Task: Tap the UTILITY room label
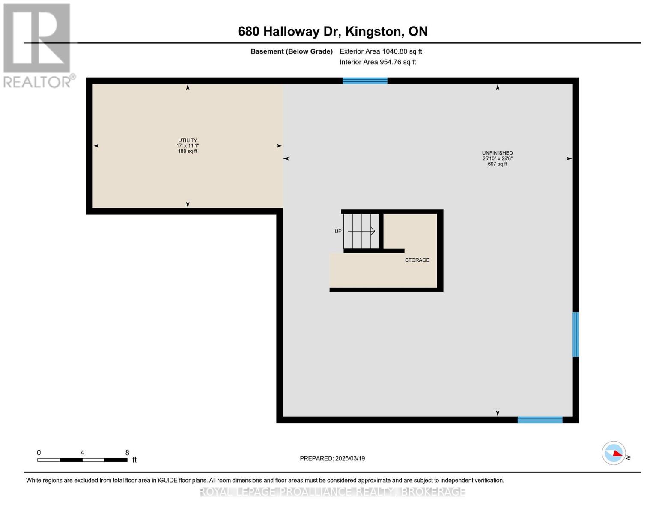(x=188, y=140)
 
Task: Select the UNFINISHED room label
(x=497, y=153)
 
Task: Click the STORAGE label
(x=417, y=260)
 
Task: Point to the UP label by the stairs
(x=338, y=231)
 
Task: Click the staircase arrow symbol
(x=362, y=231)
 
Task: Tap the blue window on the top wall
(x=365, y=81)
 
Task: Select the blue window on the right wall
(x=576, y=335)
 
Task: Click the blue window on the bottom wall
(x=540, y=420)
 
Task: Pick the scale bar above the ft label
(x=82, y=460)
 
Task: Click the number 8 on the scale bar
(x=127, y=453)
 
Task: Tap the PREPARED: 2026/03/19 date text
(x=332, y=458)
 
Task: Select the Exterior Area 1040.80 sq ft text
(x=381, y=51)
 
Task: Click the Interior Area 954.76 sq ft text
(x=378, y=62)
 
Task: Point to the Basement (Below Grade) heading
(x=292, y=51)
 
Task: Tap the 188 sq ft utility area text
(x=188, y=151)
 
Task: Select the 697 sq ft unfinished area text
(x=497, y=164)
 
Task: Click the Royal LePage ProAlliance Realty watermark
(x=332, y=492)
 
